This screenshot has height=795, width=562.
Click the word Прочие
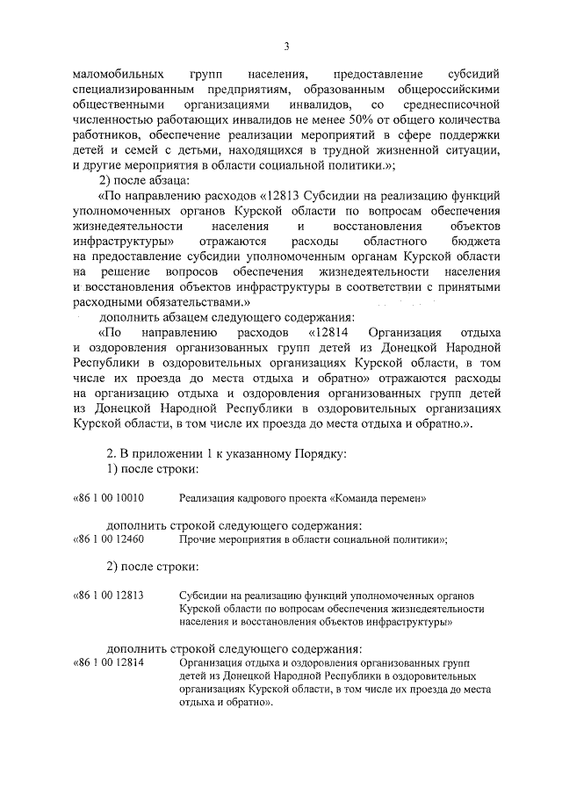[198, 539]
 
